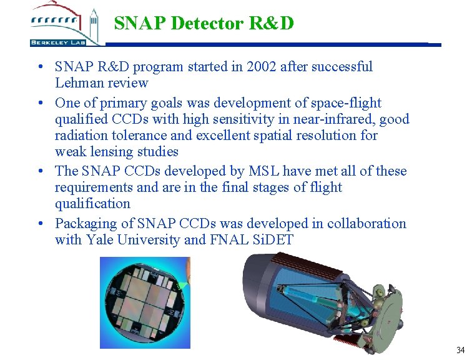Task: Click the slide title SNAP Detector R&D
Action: point(204,23)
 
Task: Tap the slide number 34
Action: point(460,349)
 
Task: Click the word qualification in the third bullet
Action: point(92,204)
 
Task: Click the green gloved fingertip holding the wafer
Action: point(184,284)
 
